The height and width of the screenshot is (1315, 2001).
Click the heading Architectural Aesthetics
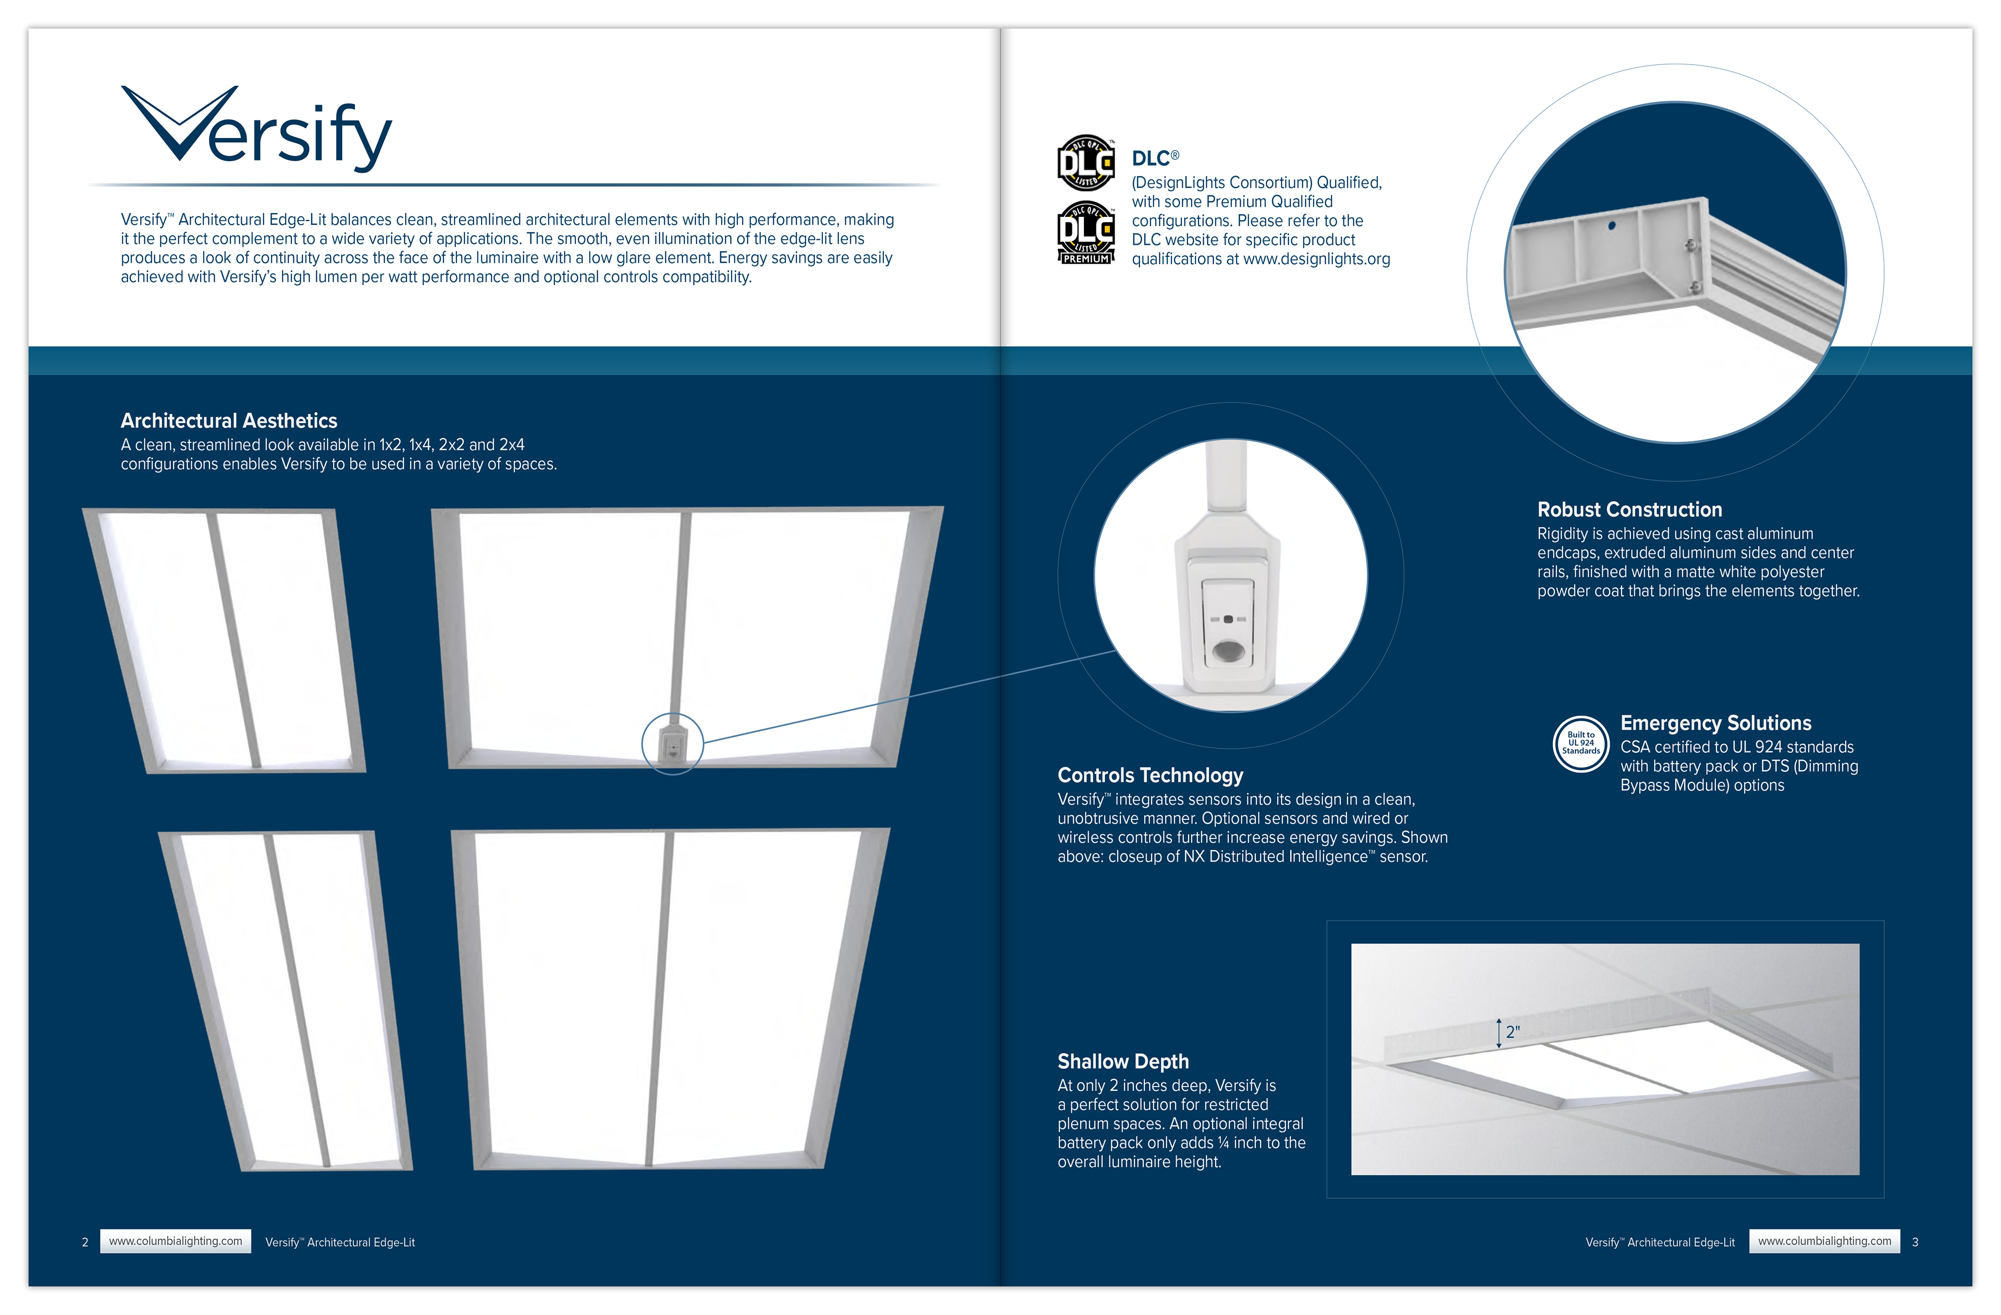[x=229, y=421]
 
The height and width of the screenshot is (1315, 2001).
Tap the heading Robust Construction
[x=1628, y=510]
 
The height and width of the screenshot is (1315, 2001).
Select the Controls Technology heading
[x=1150, y=775]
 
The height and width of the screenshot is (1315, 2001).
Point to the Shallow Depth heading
[x=1122, y=1061]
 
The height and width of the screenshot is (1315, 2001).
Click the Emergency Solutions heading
[x=1715, y=723]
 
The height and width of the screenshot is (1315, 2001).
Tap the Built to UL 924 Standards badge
[x=1580, y=743]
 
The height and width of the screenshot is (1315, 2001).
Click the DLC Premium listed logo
[x=1085, y=233]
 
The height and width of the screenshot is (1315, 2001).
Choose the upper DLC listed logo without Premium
[x=1085, y=162]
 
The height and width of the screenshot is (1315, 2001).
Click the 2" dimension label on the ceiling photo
[x=1513, y=1031]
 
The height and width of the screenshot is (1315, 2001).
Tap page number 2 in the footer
[x=85, y=1242]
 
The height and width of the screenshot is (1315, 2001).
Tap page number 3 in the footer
[x=1915, y=1242]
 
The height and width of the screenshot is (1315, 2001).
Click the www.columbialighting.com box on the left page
[x=175, y=1241]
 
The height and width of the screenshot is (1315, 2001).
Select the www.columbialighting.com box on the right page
[x=1824, y=1241]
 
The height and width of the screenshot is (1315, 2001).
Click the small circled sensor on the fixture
[x=673, y=744]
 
